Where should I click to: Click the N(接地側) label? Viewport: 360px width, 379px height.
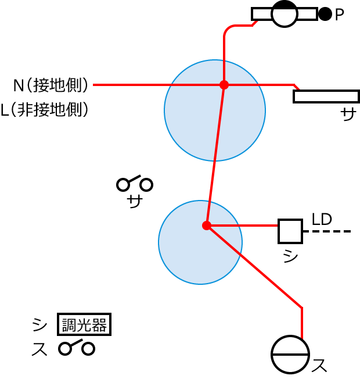point(51,85)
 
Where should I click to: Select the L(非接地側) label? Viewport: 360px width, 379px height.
point(45,110)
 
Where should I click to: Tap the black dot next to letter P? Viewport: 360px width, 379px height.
point(325,14)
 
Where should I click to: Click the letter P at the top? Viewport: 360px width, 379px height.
point(340,15)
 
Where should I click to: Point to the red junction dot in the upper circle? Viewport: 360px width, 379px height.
point(224,85)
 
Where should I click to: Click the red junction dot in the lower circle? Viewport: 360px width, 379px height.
point(207,226)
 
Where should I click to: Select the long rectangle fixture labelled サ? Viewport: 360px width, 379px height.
point(326,96)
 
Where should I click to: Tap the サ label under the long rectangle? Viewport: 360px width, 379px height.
point(348,115)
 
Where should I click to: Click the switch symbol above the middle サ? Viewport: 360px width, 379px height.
point(135,184)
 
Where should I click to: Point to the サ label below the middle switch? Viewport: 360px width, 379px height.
point(135,202)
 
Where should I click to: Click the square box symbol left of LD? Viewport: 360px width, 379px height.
point(290,231)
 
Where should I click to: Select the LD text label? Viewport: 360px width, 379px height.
point(322,220)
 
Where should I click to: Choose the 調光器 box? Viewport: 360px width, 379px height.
point(84,324)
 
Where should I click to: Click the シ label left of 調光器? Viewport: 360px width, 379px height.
point(39,324)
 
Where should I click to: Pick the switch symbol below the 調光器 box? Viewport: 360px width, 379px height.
point(77,348)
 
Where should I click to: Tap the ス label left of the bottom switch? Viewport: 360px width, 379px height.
point(39,349)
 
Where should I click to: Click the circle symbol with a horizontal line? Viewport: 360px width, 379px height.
point(290,355)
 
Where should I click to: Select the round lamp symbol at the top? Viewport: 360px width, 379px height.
point(285,13)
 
